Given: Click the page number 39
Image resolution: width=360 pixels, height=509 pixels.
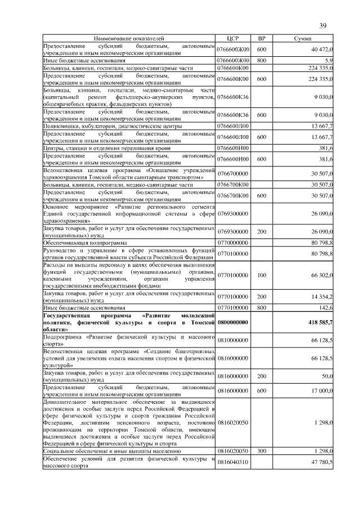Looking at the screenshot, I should click(323, 25).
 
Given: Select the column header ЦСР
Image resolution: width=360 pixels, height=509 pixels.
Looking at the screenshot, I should click(232, 38).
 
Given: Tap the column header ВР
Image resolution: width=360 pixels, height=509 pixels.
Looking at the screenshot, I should click(262, 38).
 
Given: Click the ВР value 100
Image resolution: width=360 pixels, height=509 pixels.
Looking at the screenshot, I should click(262, 275).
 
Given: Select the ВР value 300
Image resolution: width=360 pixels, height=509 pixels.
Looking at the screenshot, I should click(262, 451).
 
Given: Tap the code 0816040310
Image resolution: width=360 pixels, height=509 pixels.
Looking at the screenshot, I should click(232, 462).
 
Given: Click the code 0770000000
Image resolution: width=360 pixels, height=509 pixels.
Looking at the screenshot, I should click(232, 242).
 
